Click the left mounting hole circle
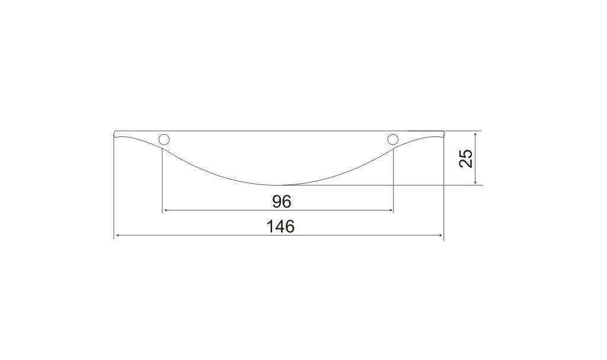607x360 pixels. [x=164, y=139]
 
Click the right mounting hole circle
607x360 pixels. [x=393, y=139]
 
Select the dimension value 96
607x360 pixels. [x=282, y=202]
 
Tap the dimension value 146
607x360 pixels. [x=280, y=227]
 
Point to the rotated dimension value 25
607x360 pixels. [x=466, y=158]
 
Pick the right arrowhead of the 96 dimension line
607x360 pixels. [x=391, y=211]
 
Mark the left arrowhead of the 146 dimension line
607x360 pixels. [x=117, y=235]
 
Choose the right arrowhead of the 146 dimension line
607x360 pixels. [x=440, y=235]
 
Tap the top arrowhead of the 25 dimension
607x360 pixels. [x=475, y=134]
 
